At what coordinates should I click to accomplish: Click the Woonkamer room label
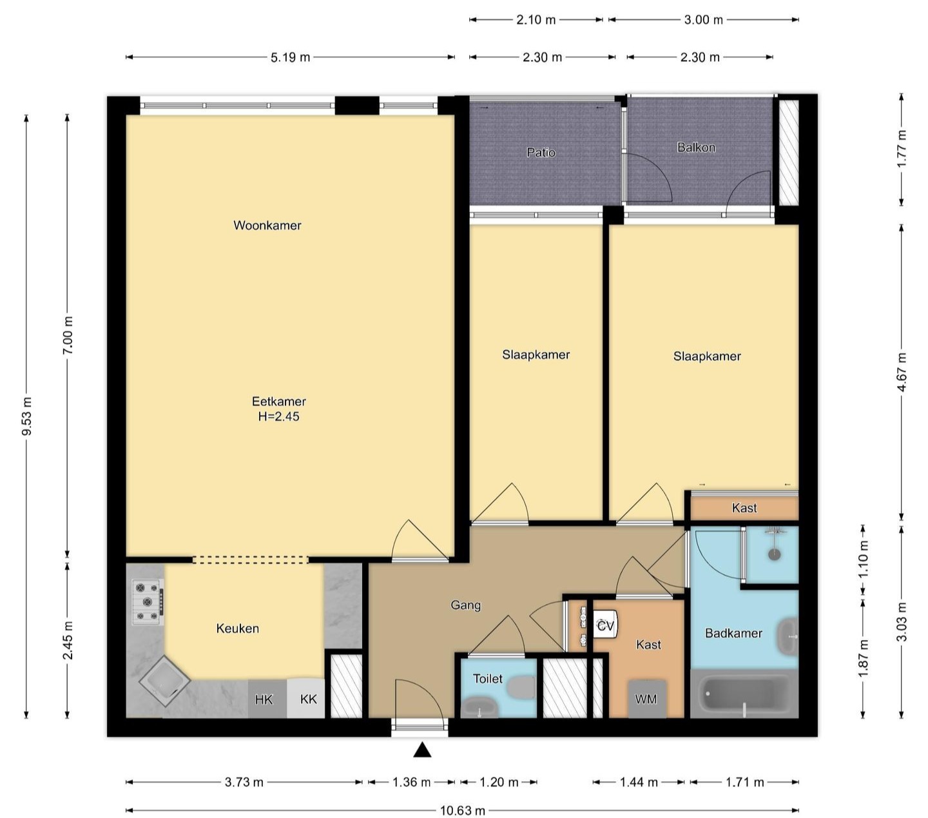click(267, 225)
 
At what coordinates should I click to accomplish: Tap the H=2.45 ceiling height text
click(278, 416)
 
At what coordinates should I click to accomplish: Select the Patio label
click(541, 152)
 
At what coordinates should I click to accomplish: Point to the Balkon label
click(696, 147)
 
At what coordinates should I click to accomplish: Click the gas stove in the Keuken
click(148, 601)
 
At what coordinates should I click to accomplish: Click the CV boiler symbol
click(606, 625)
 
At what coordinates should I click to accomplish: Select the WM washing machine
click(646, 699)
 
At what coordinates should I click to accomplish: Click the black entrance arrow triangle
click(422, 750)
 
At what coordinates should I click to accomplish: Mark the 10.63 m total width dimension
click(462, 810)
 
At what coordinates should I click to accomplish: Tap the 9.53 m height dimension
click(27, 416)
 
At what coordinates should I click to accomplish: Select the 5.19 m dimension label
click(290, 57)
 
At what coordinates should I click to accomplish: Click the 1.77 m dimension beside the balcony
click(902, 150)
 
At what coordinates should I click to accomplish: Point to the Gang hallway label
click(465, 605)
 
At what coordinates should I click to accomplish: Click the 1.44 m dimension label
click(639, 782)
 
